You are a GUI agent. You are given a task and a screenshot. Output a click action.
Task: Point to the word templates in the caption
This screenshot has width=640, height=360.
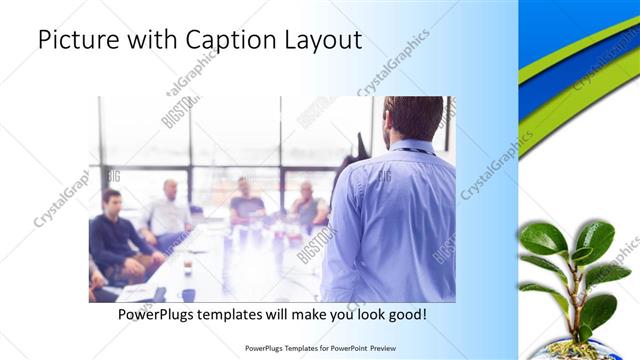[243, 314]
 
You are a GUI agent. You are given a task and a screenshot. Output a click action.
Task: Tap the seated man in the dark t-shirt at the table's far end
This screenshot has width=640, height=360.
[246, 203]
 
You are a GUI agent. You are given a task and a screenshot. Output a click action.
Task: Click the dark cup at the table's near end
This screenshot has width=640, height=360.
[188, 294]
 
